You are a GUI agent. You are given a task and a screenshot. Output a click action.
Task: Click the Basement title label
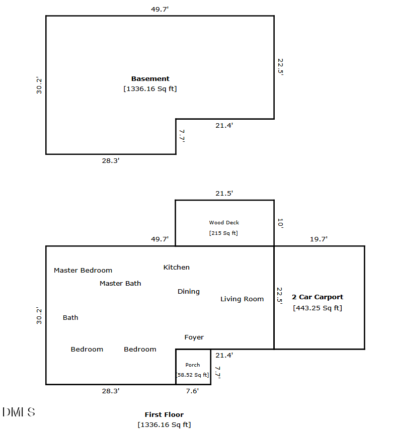pyautogui.click(x=150, y=79)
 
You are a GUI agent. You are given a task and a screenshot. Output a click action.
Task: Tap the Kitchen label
pyautogui.click(x=177, y=267)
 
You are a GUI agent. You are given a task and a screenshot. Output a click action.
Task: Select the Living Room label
pyautogui.click(x=242, y=299)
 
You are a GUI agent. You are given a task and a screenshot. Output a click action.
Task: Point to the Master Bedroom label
pyautogui.click(x=83, y=270)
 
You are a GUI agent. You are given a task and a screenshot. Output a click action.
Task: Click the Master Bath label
pyautogui.click(x=120, y=283)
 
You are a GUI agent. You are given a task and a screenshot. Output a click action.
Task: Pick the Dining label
pyautogui.click(x=189, y=292)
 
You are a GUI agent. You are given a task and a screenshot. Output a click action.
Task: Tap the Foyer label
pyautogui.click(x=194, y=337)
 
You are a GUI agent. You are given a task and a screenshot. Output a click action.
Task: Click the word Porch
pyautogui.click(x=193, y=365)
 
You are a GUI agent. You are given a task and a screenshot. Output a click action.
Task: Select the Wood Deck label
pyautogui.click(x=224, y=222)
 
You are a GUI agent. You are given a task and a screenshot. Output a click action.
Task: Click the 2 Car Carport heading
pyautogui.click(x=318, y=297)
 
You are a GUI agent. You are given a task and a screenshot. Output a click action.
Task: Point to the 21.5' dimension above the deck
pyautogui.click(x=224, y=194)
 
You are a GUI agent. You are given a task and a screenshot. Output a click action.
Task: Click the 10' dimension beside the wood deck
pyautogui.click(x=280, y=223)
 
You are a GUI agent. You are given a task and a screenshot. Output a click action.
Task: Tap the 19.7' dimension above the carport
pyautogui.click(x=319, y=239)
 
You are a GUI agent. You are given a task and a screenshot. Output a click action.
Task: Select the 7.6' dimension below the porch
pyautogui.click(x=192, y=391)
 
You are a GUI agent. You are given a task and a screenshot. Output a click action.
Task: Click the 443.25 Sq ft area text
pyautogui.click(x=318, y=308)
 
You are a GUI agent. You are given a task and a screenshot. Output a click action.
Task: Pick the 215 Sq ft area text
pyautogui.click(x=223, y=233)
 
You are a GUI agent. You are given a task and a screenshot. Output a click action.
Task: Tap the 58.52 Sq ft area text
pyautogui.click(x=193, y=375)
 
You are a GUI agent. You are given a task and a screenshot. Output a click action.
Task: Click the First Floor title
pyautogui.click(x=164, y=414)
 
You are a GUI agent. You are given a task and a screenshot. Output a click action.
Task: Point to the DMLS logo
pyautogui.click(x=19, y=412)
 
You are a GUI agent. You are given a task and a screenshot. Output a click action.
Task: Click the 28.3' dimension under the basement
pyautogui.click(x=111, y=160)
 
